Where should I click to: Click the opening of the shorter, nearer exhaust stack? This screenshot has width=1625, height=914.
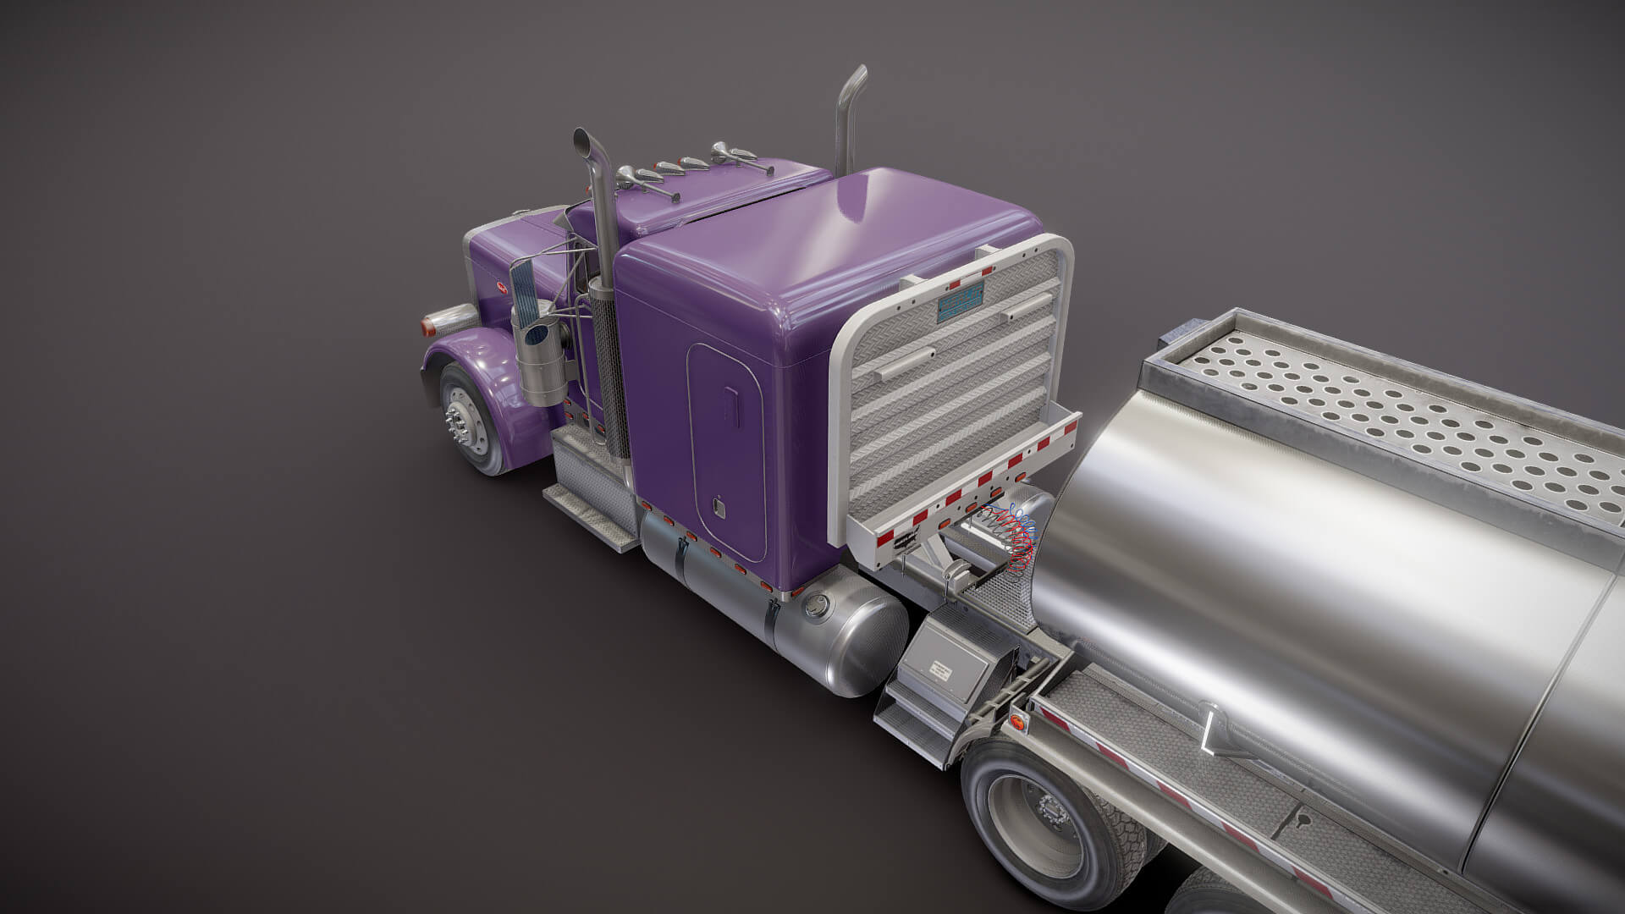pos(581,138)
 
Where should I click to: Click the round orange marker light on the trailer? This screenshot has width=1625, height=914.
pos(1016,723)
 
